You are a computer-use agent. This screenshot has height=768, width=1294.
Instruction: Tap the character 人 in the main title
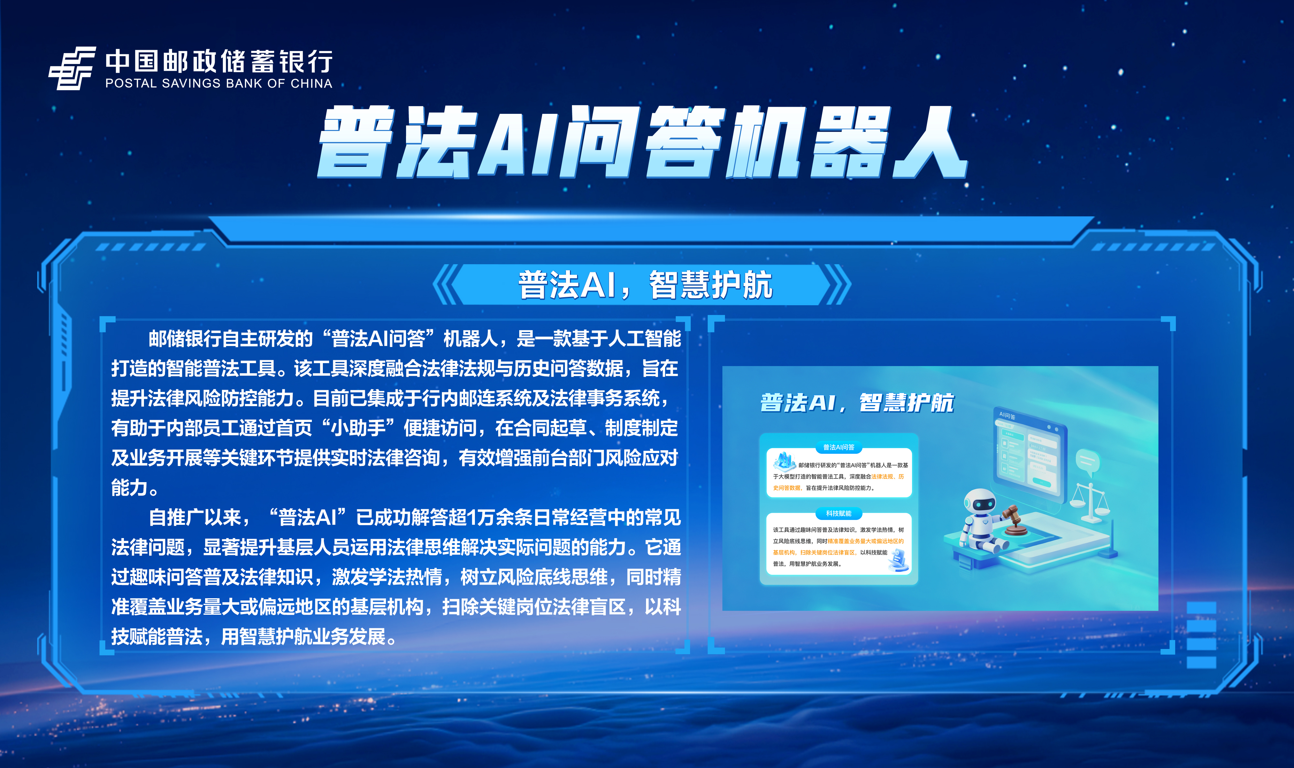click(928, 142)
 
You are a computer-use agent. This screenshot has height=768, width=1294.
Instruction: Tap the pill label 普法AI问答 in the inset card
click(839, 447)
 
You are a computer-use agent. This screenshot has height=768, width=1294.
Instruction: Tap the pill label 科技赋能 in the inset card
click(839, 514)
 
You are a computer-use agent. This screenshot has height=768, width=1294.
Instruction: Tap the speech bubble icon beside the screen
click(1088, 460)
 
